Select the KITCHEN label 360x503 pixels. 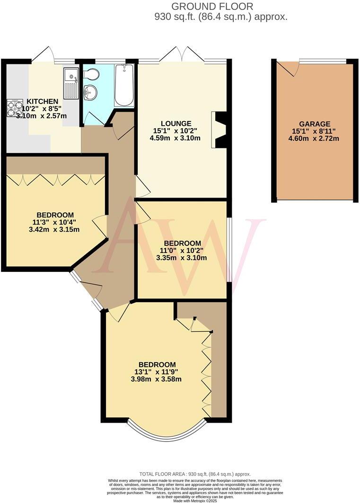point(42,101)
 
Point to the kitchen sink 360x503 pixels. point(71,83)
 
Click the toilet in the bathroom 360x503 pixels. point(91,74)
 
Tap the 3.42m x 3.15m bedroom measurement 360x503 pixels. point(54,230)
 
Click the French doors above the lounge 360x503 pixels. point(182,54)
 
